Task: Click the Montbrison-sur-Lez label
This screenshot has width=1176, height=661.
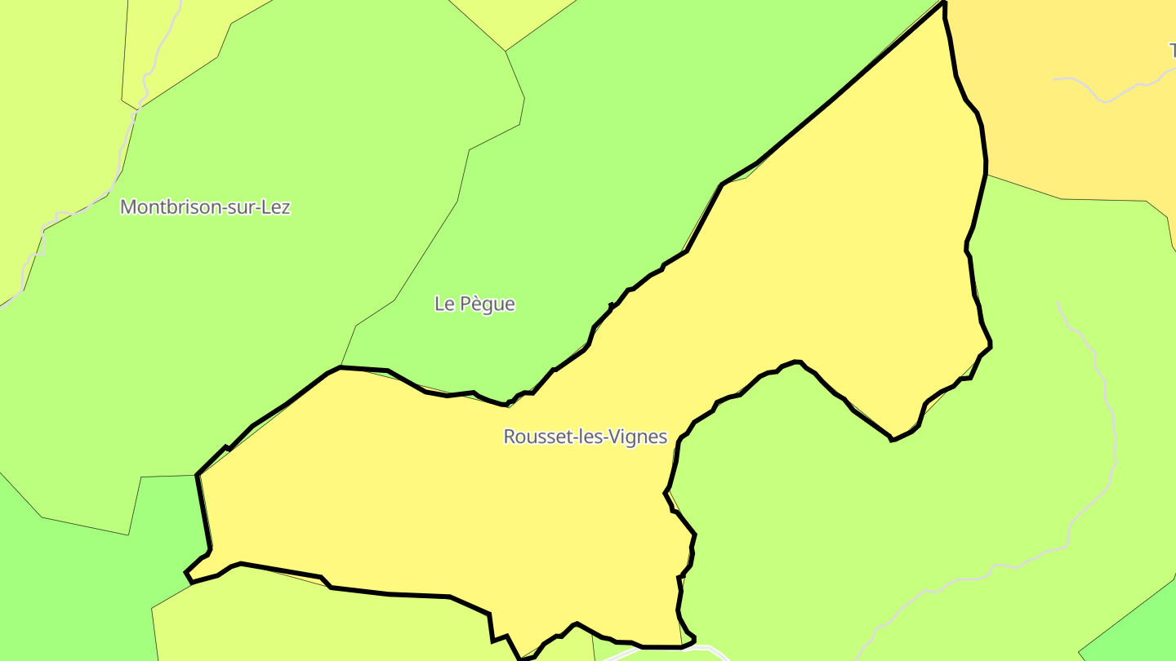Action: point(205,207)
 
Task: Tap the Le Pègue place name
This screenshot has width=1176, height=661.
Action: point(474,304)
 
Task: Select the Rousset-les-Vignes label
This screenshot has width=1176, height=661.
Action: point(585,437)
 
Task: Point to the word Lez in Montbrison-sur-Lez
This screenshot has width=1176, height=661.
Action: point(275,207)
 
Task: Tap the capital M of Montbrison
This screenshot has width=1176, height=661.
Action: point(127,207)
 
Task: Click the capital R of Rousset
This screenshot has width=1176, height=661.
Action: point(510,437)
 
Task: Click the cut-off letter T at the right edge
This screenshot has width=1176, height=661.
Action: point(1171,51)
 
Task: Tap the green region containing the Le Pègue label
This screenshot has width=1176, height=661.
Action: point(572,204)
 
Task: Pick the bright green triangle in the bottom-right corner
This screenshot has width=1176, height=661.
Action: point(1143,628)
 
